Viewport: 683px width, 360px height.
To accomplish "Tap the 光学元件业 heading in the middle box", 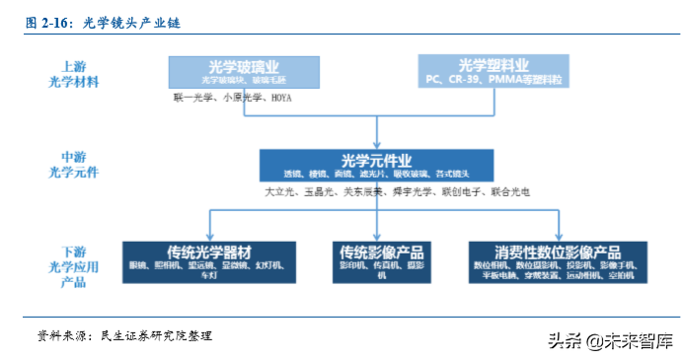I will (376, 160).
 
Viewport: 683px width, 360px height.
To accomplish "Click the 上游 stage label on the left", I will (74, 66).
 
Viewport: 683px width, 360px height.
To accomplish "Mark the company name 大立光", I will (280, 192).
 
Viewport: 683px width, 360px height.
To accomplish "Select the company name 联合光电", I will (510, 192).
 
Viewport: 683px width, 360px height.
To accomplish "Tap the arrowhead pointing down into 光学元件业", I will (376, 144).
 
